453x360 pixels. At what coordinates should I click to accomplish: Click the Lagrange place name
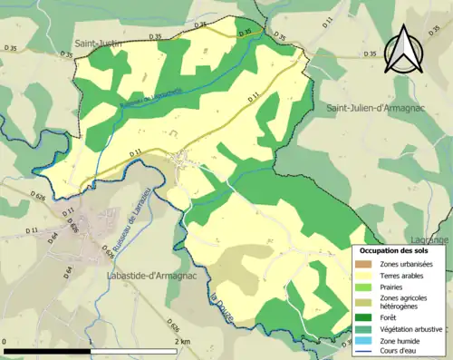click(435, 239)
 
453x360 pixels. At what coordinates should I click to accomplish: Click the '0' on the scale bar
click(5, 341)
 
